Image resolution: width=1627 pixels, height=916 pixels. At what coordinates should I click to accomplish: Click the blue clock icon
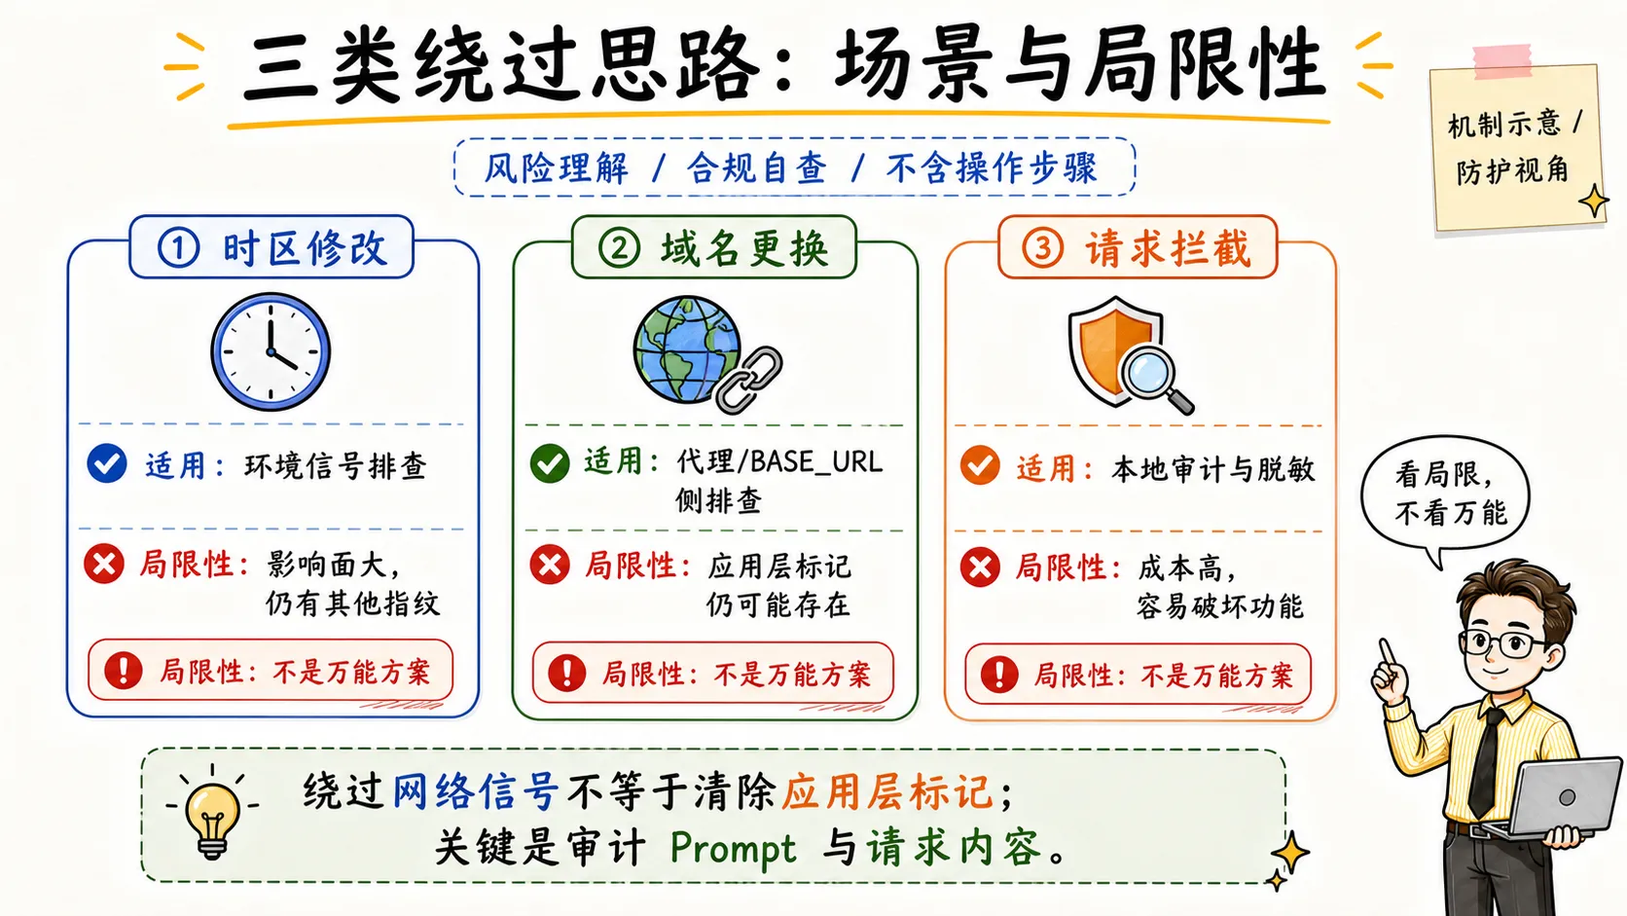(271, 351)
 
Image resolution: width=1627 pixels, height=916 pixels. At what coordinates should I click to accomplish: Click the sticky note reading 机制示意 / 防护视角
(1518, 145)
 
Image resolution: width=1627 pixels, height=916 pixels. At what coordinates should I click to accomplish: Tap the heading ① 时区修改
(271, 247)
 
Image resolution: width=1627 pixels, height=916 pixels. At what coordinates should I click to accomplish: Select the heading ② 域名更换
(713, 247)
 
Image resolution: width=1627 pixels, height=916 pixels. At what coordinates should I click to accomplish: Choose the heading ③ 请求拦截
(1138, 247)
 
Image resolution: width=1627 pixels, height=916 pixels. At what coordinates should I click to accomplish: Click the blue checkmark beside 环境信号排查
(107, 463)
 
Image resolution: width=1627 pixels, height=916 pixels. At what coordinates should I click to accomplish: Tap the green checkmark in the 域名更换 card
(550, 462)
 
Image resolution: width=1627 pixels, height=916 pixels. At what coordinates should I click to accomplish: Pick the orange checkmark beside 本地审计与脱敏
(980, 465)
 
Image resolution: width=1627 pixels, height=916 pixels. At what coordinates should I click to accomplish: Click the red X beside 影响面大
(104, 564)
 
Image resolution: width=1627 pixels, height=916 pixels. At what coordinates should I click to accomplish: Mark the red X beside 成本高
(980, 567)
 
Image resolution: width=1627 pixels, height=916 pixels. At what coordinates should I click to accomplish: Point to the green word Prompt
(732, 849)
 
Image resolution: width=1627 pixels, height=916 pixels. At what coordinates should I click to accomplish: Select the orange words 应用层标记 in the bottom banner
(886, 791)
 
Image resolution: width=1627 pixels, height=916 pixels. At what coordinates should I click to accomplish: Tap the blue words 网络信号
(476, 791)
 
